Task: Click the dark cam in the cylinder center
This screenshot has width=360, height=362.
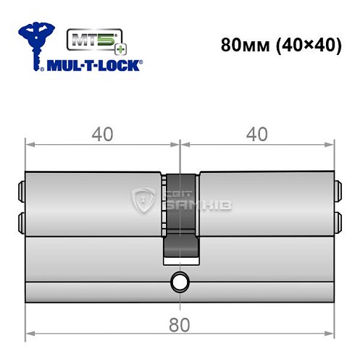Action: tap(180, 217)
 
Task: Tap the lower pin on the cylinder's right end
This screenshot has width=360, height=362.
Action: tap(338, 219)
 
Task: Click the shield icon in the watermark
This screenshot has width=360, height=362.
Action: tap(145, 202)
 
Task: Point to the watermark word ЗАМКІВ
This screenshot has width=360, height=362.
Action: tap(191, 208)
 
